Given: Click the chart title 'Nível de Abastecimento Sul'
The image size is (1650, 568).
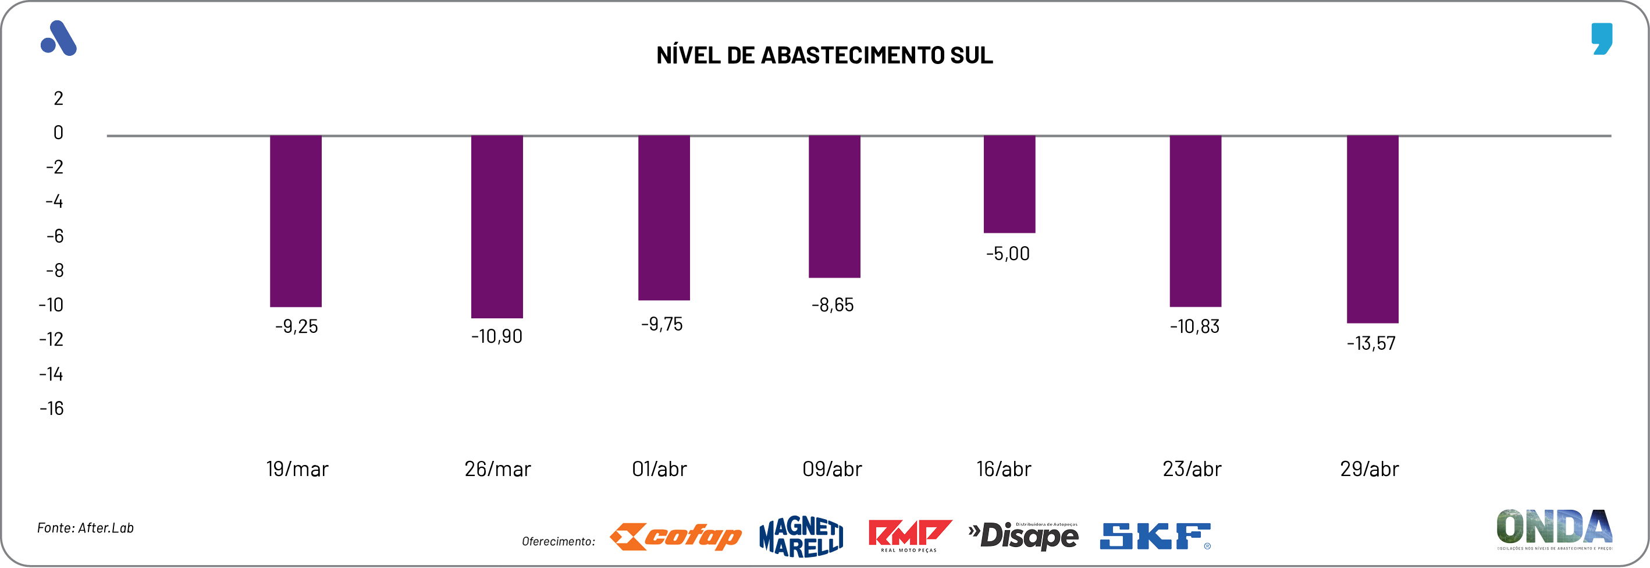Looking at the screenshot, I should [824, 56].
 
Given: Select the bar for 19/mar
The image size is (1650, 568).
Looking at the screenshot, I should [296, 221].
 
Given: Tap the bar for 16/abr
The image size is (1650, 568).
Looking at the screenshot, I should [1009, 184].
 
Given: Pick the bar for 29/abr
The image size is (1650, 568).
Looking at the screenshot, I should [1372, 229].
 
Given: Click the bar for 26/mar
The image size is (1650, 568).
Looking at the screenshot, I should [496, 227].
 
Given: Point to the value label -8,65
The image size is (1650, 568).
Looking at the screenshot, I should [832, 305].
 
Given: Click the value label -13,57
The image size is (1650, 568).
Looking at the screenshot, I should [1371, 343].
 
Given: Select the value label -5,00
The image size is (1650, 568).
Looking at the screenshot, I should [1008, 254].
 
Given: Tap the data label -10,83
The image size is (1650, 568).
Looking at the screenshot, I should [1194, 326].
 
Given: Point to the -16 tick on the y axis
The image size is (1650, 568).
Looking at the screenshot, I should [52, 409].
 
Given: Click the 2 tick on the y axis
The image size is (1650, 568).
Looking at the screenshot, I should [58, 98].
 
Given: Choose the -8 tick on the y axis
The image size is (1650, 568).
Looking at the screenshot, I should [55, 271].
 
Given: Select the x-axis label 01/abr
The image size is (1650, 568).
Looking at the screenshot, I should [659, 470].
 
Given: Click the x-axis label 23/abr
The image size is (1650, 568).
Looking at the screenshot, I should [1192, 470].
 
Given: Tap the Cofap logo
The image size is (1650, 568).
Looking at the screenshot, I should [675, 537].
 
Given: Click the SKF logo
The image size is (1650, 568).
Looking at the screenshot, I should [1155, 537].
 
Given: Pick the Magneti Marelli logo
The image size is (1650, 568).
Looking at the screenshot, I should [801, 537].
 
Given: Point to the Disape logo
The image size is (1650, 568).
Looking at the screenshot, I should [1023, 536].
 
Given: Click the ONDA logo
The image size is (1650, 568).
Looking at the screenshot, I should [1554, 529].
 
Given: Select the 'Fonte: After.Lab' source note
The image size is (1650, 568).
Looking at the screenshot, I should [85, 528].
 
